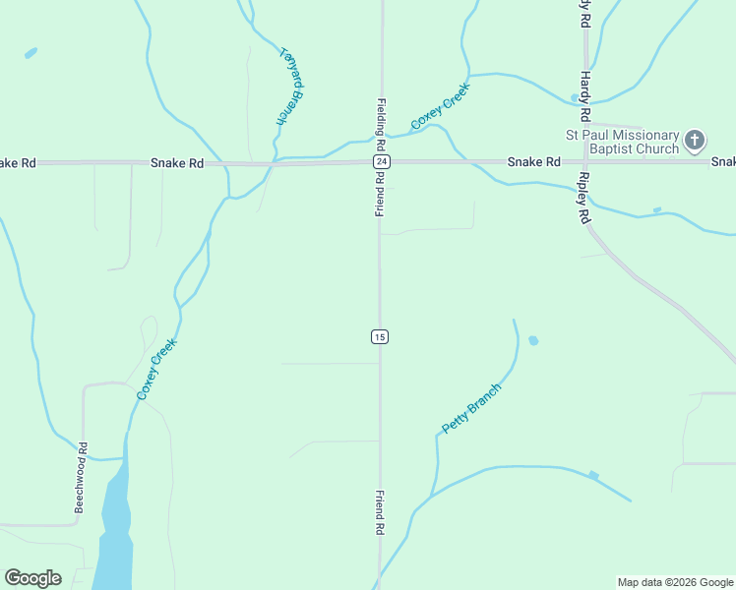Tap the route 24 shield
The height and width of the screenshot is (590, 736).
point(381,161)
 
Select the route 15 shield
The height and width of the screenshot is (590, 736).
point(380,337)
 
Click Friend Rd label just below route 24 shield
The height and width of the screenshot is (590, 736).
point(380,193)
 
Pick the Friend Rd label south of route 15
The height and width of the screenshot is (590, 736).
point(379,512)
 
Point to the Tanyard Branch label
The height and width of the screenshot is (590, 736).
point(286,87)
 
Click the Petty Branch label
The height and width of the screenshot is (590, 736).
point(471,408)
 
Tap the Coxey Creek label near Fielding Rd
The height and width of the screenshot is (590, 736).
point(440,106)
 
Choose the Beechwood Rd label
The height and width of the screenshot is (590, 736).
point(82,478)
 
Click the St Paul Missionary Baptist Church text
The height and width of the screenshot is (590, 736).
point(622,142)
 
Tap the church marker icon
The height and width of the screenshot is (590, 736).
point(695,141)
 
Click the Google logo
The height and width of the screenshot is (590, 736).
point(32,578)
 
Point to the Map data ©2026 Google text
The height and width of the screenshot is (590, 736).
point(675,582)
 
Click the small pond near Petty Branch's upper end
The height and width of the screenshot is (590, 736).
point(533,340)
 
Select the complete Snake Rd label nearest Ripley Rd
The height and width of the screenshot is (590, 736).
point(533,161)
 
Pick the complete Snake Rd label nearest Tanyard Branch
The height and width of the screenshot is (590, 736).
point(177,163)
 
